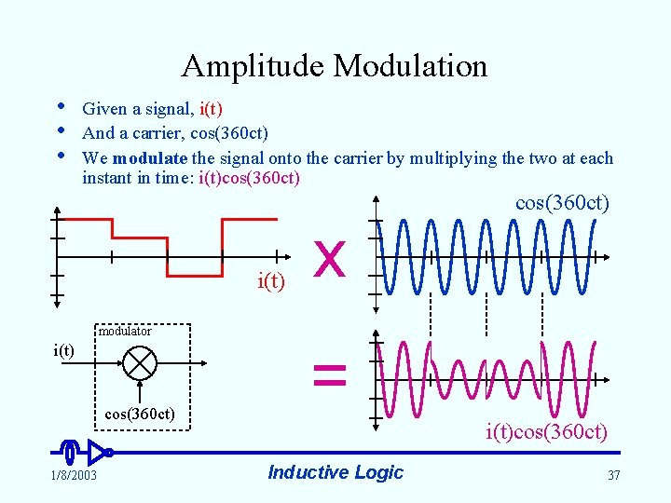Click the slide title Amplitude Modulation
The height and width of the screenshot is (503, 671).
[x=335, y=66]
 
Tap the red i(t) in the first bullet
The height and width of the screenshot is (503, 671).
[x=211, y=109]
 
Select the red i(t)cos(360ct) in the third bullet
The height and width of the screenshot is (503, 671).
[x=250, y=178]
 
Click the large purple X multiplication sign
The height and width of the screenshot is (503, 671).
[x=331, y=258]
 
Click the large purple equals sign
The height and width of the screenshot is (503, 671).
[x=330, y=375]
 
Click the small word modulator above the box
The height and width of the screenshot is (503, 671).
[x=125, y=332]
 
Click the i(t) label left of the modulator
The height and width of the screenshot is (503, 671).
[x=63, y=350]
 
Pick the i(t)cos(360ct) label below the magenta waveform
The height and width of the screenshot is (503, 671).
[x=546, y=432]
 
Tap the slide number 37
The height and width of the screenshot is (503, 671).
[x=613, y=476]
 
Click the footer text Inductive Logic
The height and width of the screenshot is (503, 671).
[x=335, y=472]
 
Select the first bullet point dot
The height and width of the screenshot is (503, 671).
[x=61, y=110]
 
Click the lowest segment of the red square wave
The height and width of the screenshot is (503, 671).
[x=194, y=276]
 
